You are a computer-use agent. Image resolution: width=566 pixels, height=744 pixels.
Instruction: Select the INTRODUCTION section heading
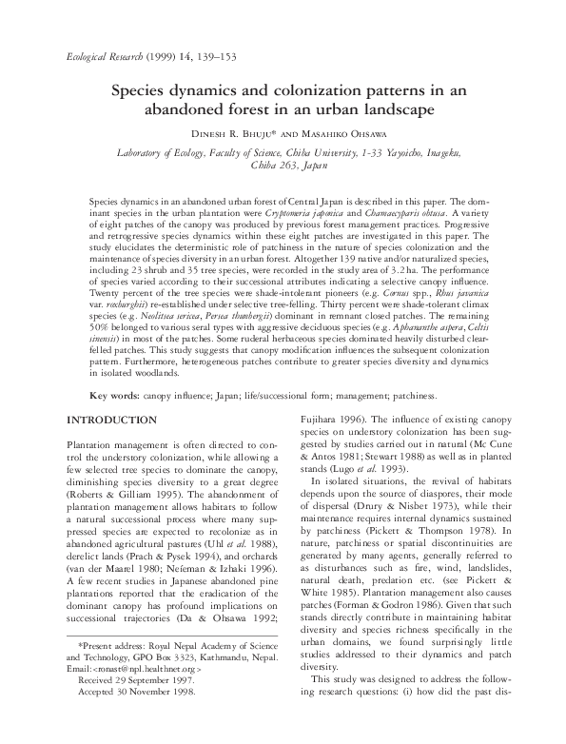(115, 420)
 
